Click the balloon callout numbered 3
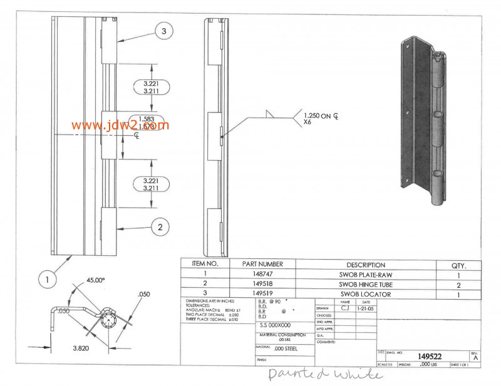click(163, 31)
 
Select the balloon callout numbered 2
click(160, 227)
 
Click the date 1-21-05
click(364, 308)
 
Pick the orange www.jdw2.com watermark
click(116, 124)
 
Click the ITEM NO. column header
click(205, 265)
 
